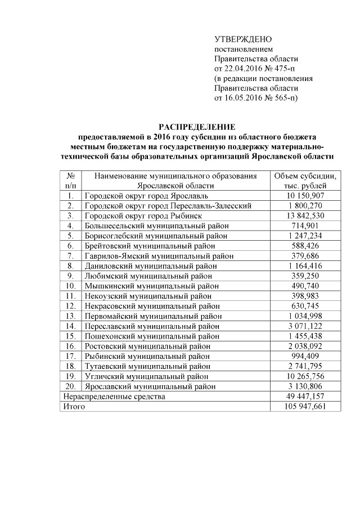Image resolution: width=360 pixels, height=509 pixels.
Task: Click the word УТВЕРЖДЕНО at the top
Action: tap(243, 39)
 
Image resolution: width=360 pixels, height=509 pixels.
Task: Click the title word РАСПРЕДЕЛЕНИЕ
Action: tap(196, 127)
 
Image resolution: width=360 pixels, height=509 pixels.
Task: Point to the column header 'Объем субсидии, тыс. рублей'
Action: tap(305, 181)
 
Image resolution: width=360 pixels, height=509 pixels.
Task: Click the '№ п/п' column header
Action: tap(71, 181)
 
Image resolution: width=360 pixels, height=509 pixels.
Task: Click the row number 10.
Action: tap(71, 286)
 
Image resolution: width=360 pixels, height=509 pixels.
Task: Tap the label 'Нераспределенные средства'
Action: tap(114, 397)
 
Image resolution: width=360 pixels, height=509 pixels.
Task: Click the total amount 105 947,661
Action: tap(305, 407)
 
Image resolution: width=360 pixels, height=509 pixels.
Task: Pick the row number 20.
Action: tap(71, 386)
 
